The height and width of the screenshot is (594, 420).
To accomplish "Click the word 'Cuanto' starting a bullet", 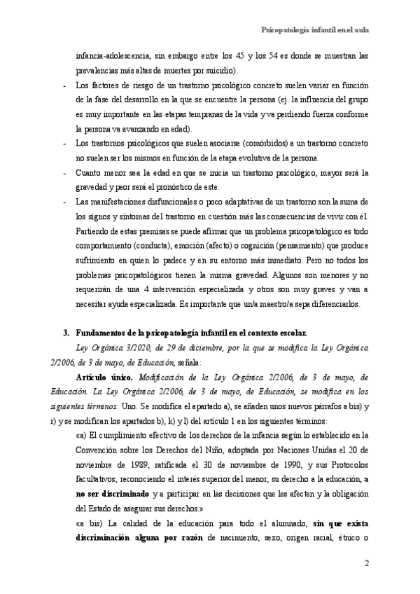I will tap(88, 172).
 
